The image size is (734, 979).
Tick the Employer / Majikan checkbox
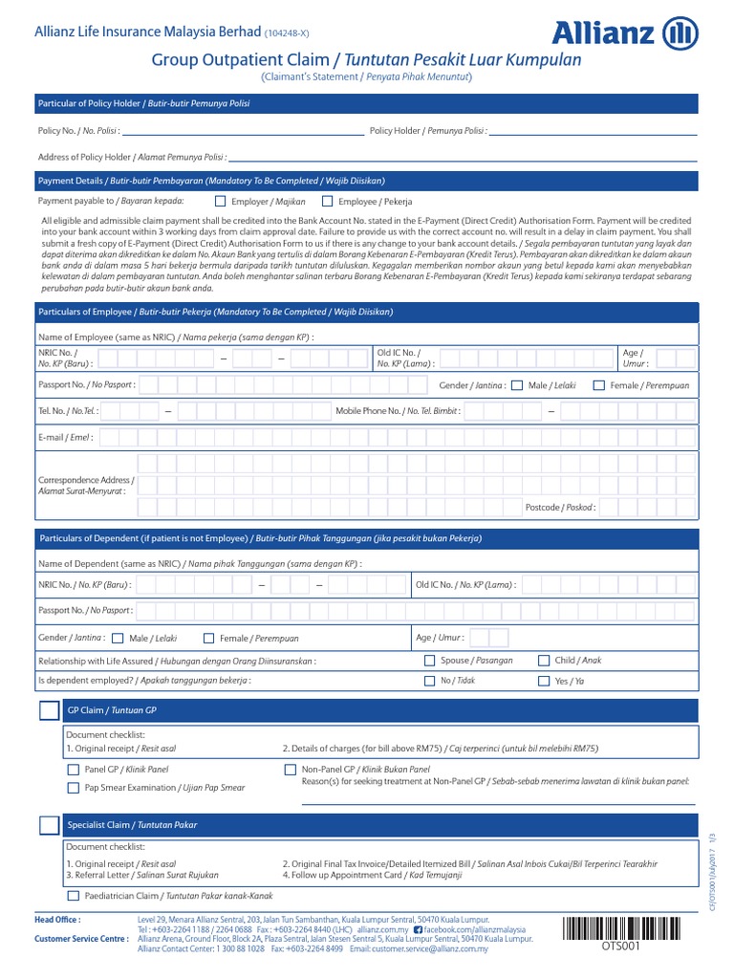(x=221, y=202)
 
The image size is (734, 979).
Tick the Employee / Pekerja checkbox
(x=328, y=202)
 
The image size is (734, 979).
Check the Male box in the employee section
(x=517, y=385)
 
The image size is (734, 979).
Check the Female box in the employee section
(x=599, y=385)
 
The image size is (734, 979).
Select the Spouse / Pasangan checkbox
(x=429, y=661)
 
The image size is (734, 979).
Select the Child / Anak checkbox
(x=545, y=661)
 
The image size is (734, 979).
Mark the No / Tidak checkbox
(x=429, y=681)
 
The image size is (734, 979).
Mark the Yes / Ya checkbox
(x=545, y=681)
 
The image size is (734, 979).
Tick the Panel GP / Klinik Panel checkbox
(x=74, y=770)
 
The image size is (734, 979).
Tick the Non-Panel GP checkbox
(x=291, y=770)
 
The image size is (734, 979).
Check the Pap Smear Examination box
(x=74, y=788)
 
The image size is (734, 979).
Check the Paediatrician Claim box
(x=74, y=897)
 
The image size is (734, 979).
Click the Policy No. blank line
(x=243, y=131)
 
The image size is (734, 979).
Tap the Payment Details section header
(x=210, y=180)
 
